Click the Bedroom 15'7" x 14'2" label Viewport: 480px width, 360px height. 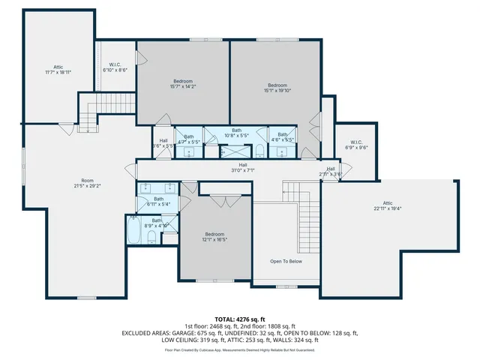point(183,84)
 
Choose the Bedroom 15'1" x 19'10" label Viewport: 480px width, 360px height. point(277,88)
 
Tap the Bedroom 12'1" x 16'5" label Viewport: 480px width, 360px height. point(214,236)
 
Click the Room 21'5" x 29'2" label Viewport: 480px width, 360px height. point(87,184)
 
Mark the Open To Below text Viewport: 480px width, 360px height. point(286,261)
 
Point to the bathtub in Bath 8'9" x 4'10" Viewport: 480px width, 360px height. point(134,232)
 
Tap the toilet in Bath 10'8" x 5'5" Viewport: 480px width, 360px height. point(259,151)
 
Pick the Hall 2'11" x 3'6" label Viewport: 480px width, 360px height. point(331,171)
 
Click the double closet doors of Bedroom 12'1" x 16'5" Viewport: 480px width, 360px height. point(220,201)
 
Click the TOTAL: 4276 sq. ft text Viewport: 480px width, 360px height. point(240,319)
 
